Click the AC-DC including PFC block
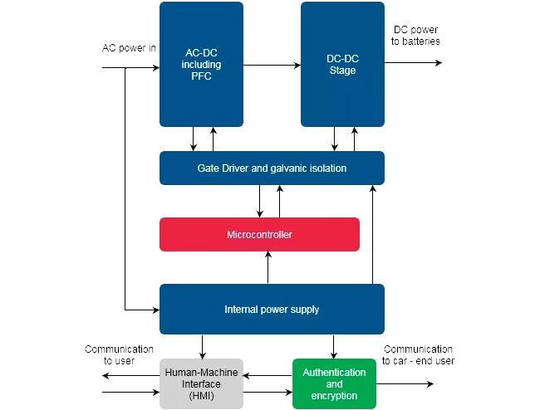pyautogui.click(x=201, y=64)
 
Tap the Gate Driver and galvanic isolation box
pyautogui.click(x=272, y=168)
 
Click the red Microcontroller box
pyautogui.click(x=259, y=234)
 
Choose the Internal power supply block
pyautogui.click(x=272, y=310)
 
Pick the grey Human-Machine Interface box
pyautogui.click(x=200, y=383)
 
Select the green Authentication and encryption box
pyautogui.click(x=334, y=383)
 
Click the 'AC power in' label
pyautogui.click(x=129, y=46)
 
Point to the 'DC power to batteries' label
pyautogui.click(x=417, y=35)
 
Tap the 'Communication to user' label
pyautogui.click(x=119, y=355)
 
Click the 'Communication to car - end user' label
pyautogui.click(x=418, y=355)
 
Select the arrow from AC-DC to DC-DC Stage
pyautogui.click(x=272, y=64)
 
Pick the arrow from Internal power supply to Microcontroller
pyautogui.click(x=268, y=267)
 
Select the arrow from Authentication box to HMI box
pyautogui.click(x=267, y=376)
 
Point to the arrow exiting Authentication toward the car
pyautogui.click(x=405, y=384)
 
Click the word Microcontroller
pyautogui.click(x=259, y=235)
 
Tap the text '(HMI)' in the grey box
pyautogui.click(x=200, y=396)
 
